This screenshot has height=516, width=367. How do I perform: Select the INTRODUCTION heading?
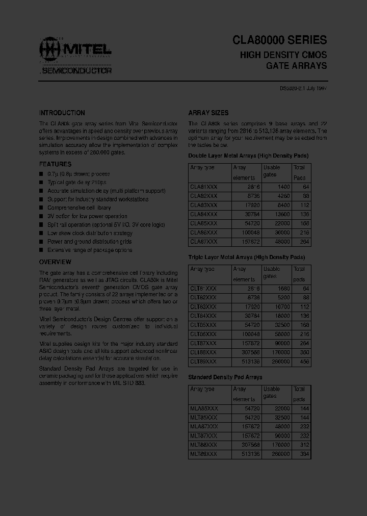(62, 113)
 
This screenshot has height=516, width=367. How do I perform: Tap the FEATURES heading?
(55, 164)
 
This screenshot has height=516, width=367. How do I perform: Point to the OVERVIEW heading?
(55, 262)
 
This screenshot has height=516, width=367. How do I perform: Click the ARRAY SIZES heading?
(208, 113)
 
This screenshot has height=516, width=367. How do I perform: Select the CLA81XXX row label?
(203, 187)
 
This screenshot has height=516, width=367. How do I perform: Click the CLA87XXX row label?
(203, 241)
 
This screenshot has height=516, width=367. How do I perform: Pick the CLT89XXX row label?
(203, 361)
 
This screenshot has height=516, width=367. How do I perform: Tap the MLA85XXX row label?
(204, 408)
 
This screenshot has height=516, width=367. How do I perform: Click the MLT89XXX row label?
(203, 454)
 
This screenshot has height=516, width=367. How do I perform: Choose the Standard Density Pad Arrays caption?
(225, 377)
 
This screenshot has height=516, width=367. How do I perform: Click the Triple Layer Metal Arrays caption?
(247, 257)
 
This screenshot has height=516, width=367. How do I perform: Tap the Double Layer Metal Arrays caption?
(248, 155)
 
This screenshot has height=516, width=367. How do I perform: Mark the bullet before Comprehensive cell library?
(41, 208)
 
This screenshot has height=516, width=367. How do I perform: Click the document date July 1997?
(316, 88)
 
